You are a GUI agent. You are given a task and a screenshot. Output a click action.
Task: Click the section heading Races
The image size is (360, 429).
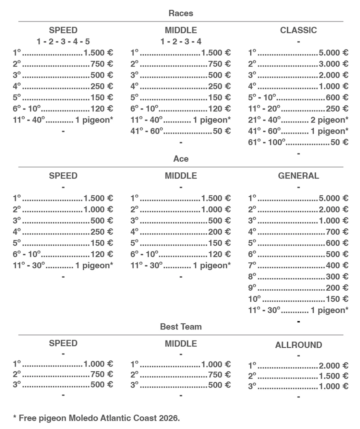181,13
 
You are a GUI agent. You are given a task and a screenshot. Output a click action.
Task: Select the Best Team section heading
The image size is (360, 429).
181,327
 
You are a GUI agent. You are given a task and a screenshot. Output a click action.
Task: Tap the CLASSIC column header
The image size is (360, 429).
298,30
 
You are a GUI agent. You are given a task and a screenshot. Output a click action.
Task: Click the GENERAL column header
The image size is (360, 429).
298,176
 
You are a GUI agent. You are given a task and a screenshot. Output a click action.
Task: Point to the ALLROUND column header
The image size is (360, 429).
298,345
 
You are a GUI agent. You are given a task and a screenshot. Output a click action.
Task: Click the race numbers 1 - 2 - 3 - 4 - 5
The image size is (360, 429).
63,41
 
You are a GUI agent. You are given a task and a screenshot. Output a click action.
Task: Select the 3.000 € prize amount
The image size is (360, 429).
333,64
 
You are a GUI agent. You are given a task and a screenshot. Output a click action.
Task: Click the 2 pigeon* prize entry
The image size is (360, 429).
329,120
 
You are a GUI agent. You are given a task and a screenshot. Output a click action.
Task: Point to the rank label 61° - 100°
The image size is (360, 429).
267,142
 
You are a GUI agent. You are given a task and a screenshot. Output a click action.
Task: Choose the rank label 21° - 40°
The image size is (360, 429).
264,120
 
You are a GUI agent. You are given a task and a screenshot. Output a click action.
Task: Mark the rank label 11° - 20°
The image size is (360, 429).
264,109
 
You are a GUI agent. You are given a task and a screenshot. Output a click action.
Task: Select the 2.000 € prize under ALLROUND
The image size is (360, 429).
333,365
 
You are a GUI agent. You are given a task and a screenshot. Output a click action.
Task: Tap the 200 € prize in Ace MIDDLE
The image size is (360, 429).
219,232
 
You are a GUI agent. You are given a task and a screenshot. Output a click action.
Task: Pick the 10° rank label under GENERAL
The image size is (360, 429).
254,299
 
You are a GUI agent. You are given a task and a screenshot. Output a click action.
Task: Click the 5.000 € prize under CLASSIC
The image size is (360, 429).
333,52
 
